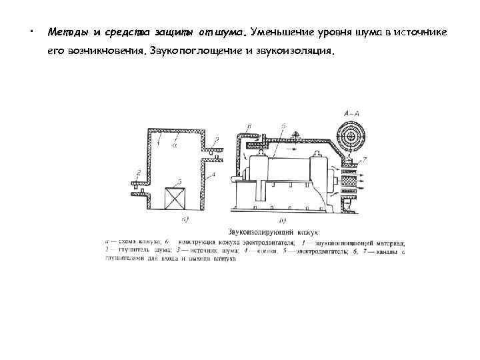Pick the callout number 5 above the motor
(283, 126)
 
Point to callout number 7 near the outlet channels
(363, 161)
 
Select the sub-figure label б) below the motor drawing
(283, 220)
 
